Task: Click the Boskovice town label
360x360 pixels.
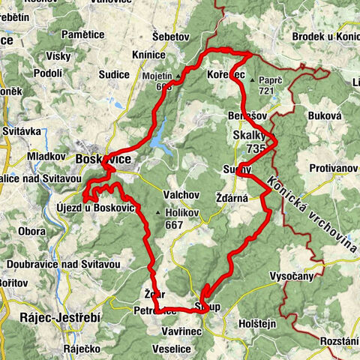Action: (103, 160)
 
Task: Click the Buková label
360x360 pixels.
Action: (325, 116)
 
